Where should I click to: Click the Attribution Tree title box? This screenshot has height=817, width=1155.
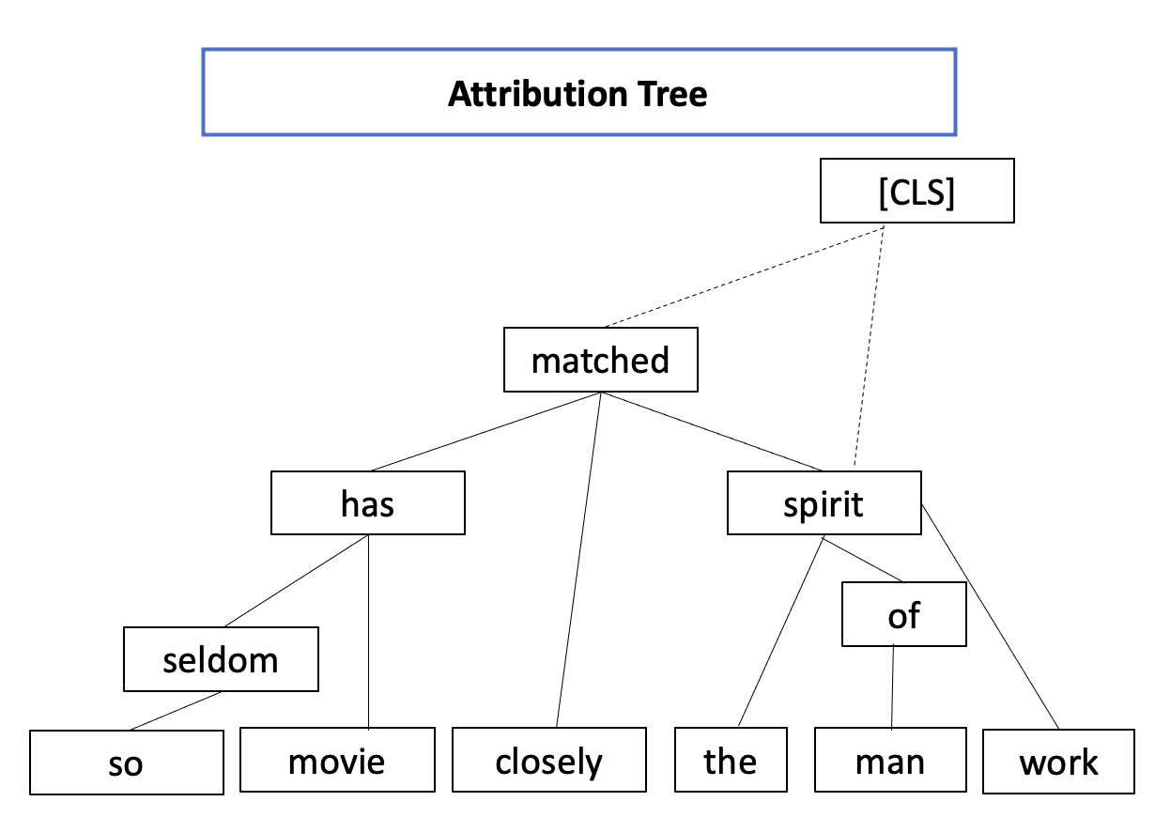point(578,92)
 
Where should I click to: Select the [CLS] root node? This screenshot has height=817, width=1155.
point(916,191)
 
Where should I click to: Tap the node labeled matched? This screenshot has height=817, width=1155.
point(601,360)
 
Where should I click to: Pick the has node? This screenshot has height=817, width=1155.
point(368,503)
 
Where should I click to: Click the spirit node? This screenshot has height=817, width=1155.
point(824,503)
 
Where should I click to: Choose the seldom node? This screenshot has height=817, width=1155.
point(221,659)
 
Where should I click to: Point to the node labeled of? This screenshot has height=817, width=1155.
point(903,615)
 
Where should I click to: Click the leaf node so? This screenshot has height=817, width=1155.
point(126,763)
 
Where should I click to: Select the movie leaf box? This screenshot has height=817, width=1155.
point(337,760)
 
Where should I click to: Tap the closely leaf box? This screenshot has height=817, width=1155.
point(549,760)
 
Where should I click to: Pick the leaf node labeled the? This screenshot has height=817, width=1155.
point(731,760)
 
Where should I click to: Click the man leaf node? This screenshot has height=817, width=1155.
point(890,760)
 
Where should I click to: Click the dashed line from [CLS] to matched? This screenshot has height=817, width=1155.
point(742,276)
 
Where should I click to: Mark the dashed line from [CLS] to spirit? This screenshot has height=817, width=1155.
point(869,347)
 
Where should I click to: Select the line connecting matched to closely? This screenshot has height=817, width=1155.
point(579,560)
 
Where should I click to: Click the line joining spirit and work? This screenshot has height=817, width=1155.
point(990,616)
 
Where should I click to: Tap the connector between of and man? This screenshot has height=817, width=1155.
point(892,687)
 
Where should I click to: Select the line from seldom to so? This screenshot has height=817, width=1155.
point(175,711)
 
